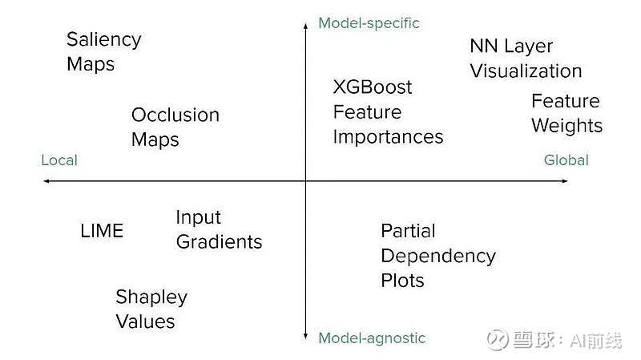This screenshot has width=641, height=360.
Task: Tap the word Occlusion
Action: pos(175,115)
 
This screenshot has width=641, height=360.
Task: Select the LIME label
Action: pos(102,231)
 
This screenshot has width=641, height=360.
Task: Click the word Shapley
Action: pos(151,297)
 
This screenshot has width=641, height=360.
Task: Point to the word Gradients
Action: pos(219,242)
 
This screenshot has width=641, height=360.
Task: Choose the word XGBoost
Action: pos(373,87)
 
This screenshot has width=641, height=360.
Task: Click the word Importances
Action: pos(388,137)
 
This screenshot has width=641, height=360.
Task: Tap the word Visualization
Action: pos(526,71)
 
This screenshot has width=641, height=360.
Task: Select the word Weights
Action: pos(566,126)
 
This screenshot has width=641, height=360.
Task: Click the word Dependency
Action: pos(438,257)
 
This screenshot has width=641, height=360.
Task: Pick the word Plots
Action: pos(402,281)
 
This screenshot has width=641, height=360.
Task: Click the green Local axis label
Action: pos(59,160)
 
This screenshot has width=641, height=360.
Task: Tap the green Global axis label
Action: pos(566,160)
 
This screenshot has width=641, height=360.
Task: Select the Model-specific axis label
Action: pos(369,23)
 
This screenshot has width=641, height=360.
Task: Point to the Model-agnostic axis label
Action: pos(372,338)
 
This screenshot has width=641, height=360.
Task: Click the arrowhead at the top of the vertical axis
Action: pos(305,26)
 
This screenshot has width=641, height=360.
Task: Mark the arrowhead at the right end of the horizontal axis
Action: pos(565,181)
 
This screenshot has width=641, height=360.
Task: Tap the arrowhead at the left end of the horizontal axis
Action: pos(46,181)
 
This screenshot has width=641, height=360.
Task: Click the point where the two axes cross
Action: pos(305,181)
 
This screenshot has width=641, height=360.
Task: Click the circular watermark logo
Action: pos(497,339)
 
